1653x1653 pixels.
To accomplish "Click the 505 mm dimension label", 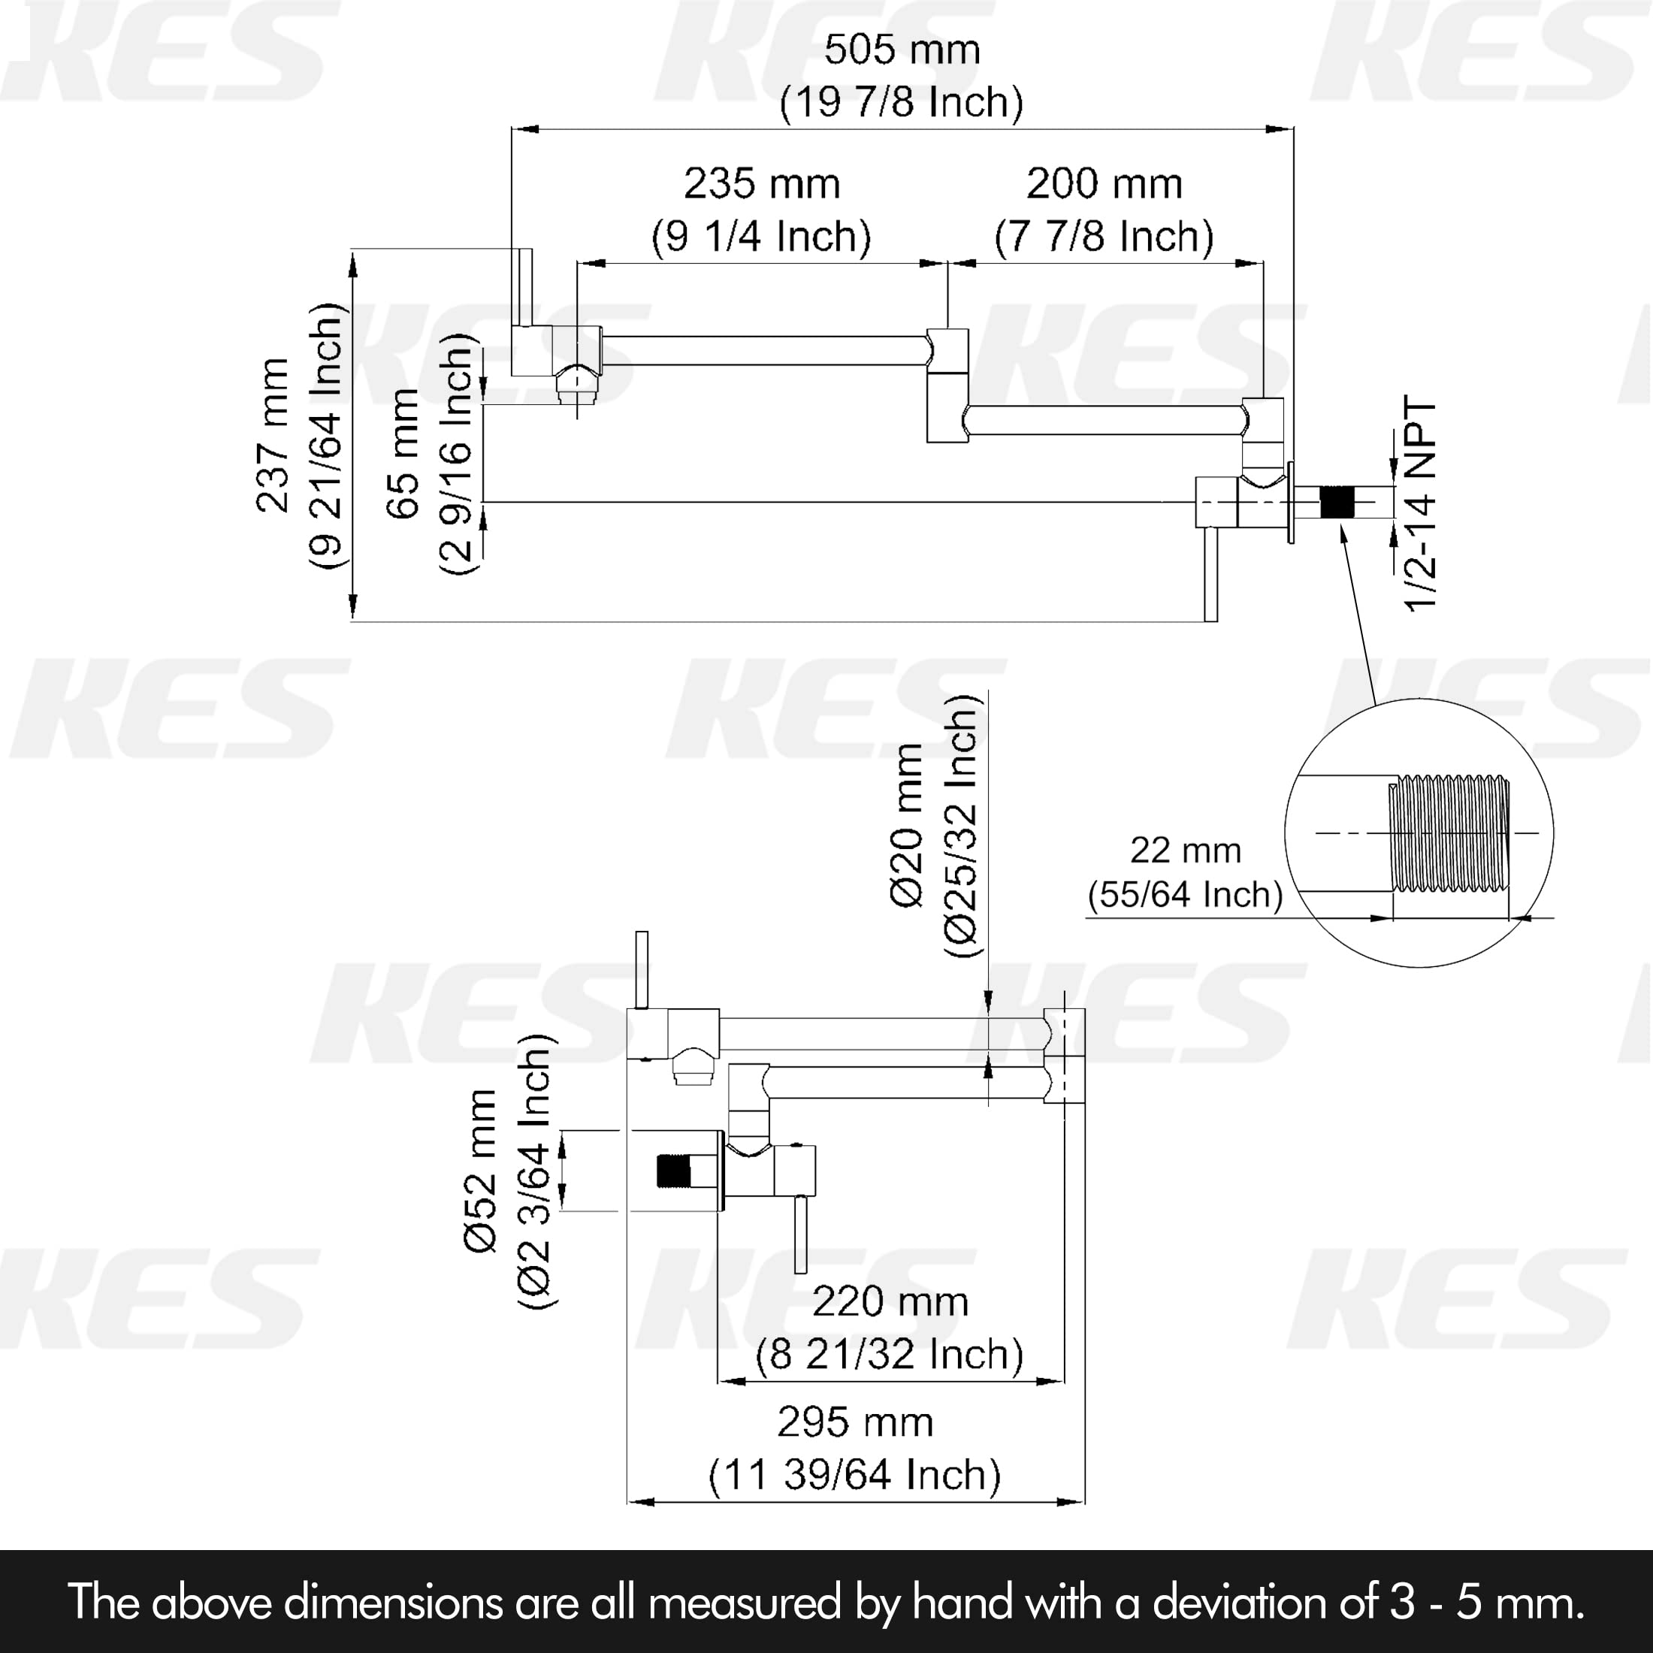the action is (x=902, y=50).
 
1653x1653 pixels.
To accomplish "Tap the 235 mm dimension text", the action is (x=761, y=184).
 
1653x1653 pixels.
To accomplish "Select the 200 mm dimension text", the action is (x=1104, y=184).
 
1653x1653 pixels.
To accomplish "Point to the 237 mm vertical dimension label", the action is (x=273, y=436).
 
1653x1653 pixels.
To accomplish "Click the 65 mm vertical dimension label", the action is (x=403, y=454).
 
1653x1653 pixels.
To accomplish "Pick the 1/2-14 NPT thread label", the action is (x=1420, y=504).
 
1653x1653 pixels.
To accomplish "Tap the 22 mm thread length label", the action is (x=1185, y=851).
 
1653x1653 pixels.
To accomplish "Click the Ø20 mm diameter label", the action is (x=908, y=825).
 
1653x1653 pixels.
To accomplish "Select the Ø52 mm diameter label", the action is (x=482, y=1171).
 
